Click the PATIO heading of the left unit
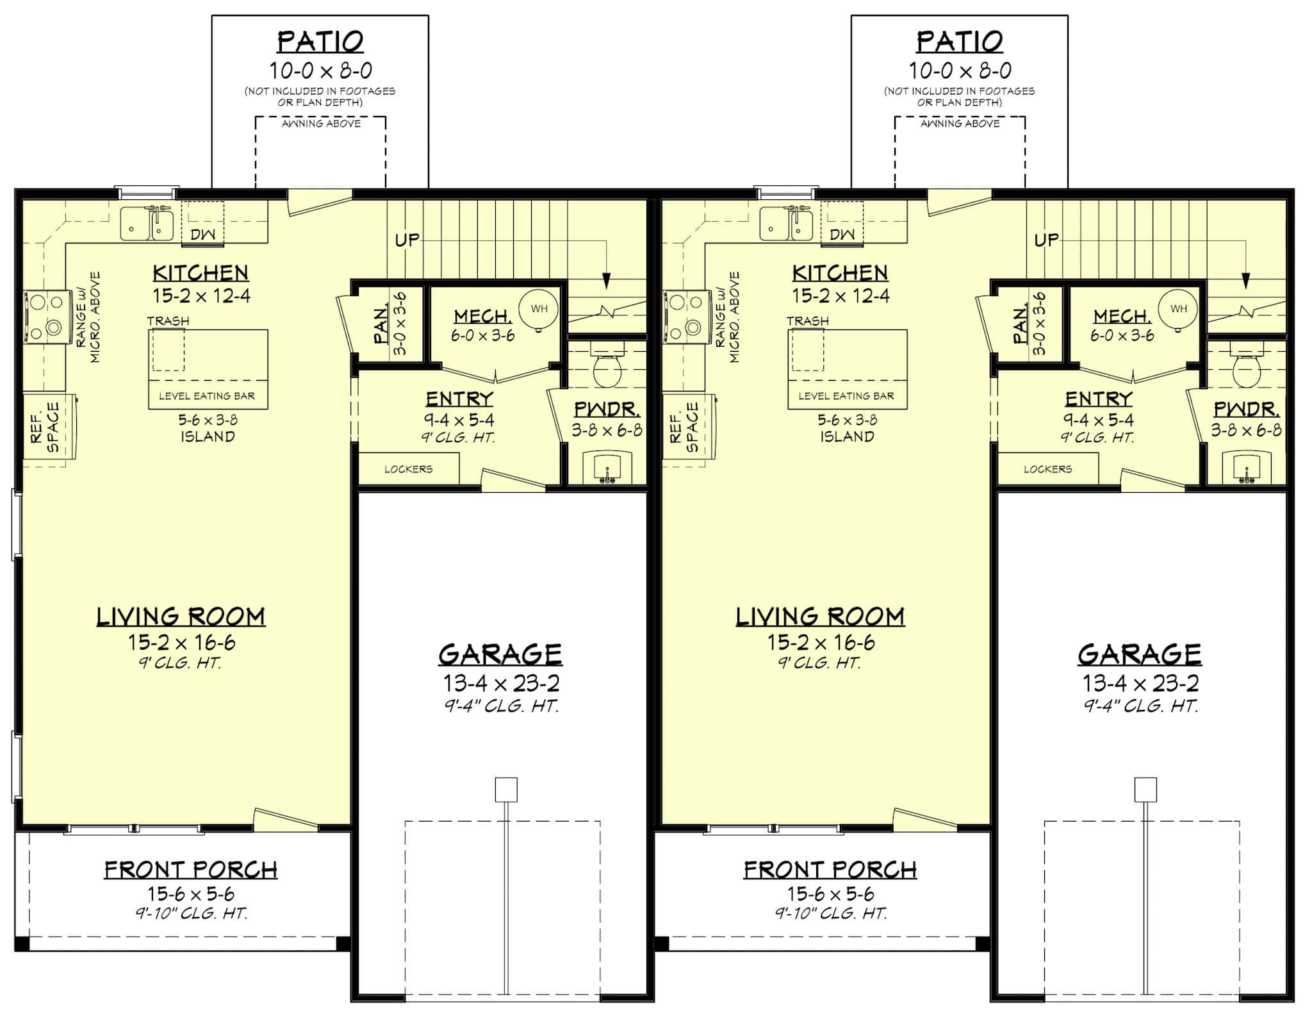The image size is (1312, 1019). click(320, 42)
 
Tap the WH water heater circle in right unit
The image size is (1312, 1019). click(1178, 309)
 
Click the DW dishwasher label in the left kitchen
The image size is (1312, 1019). click(203, 235)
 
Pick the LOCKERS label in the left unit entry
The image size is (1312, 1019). click(408, 469)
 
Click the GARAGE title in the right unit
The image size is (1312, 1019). click(1139, 654)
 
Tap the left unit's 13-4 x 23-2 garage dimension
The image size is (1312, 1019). click(501, 683)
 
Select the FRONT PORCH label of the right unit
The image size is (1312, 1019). click(830, 870)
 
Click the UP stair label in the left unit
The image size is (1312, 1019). click(407, 240)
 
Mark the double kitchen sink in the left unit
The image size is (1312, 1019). click(147, 224)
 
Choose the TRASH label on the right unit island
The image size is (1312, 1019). click(807, 321)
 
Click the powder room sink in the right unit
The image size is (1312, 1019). click(1246, 468)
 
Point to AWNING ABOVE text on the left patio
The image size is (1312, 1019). click(321, 124)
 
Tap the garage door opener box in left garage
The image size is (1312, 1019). click(506, 790)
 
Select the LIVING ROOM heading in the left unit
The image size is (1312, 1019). click(181, 617)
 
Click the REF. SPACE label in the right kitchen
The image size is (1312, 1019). click(684, 426)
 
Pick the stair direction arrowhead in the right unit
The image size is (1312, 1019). click(1245, 281)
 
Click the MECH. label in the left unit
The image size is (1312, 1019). click(482, 317)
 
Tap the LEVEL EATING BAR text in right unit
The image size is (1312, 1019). click(846, 396)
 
